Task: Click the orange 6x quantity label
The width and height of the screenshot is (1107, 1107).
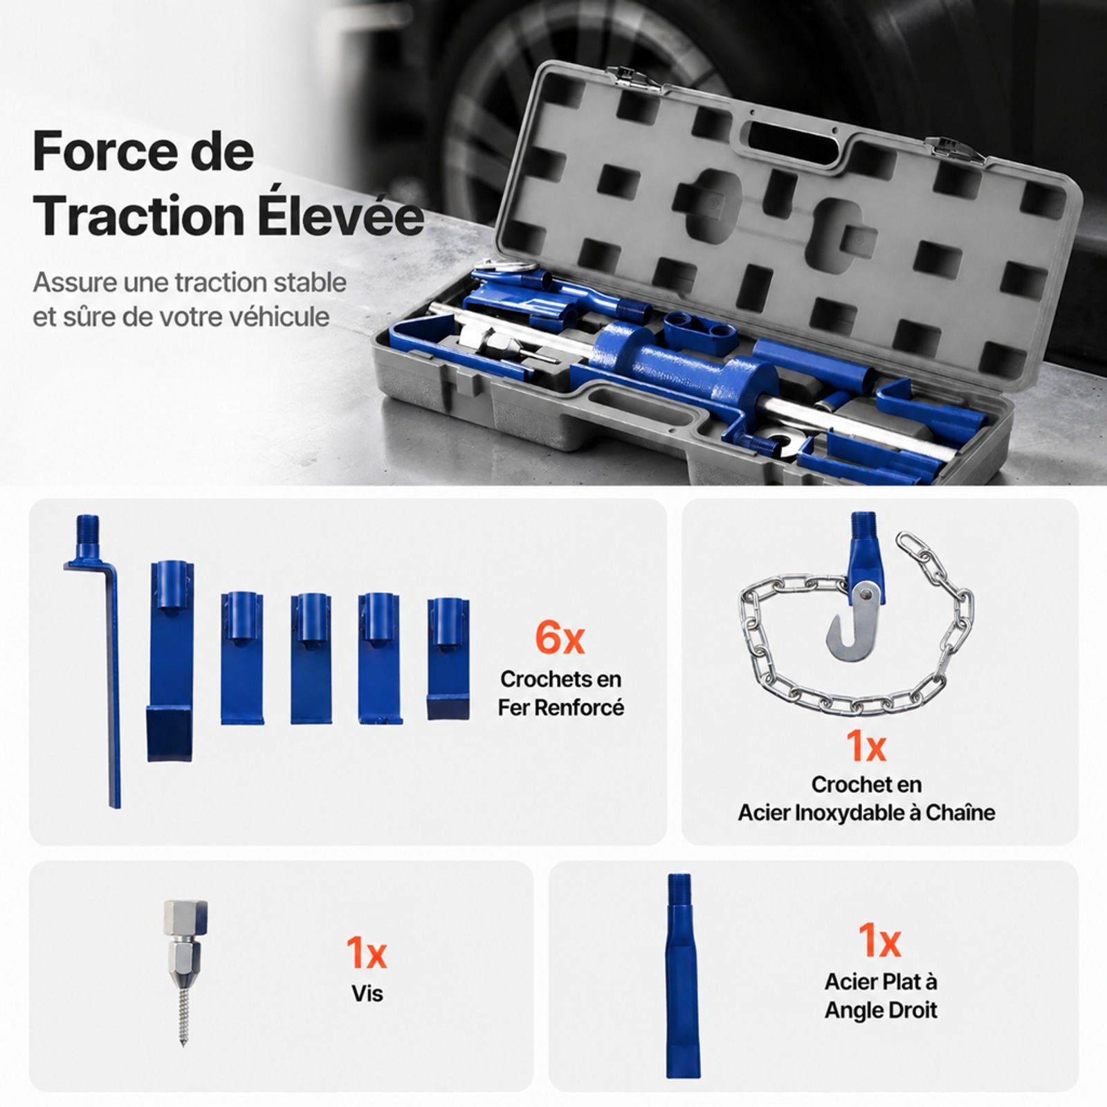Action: (560, 638)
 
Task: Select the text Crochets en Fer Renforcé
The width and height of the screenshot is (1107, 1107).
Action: (560, 693)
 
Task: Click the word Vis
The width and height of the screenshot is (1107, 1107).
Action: (367, 994)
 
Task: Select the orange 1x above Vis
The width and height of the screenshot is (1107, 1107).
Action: (367, 953)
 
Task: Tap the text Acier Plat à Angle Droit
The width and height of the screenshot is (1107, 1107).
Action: (881, 996)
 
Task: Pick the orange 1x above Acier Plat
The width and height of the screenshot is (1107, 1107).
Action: (879, 940)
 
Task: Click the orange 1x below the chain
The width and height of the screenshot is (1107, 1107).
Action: (866, 746)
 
